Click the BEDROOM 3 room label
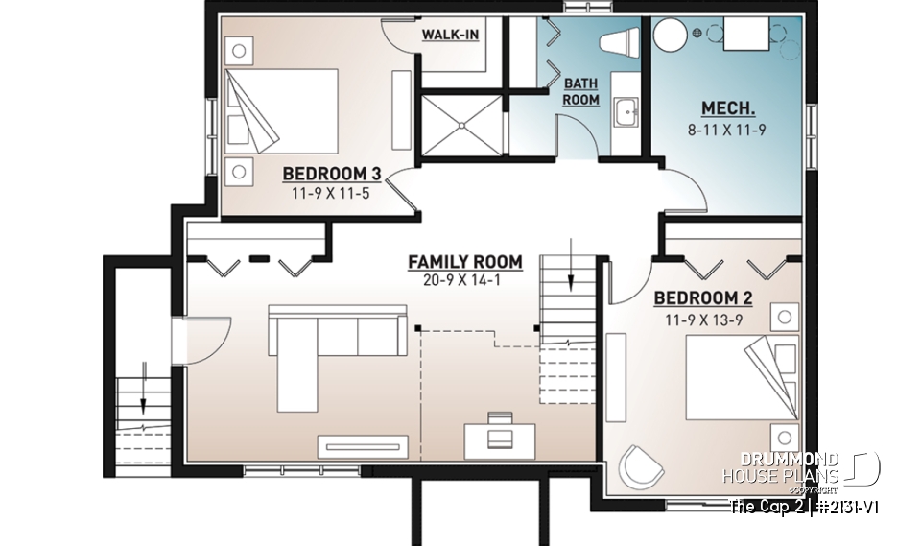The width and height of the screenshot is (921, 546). coord(332,174)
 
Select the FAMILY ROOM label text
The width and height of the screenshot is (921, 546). coord(464,261)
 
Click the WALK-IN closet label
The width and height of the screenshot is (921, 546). coord(450,36)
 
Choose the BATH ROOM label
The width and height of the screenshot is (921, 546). coord(580,92)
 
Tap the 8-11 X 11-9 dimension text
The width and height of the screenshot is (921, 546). coord(727,129)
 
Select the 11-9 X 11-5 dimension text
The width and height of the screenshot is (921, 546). coord(332,193)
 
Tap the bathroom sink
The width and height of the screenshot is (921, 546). coord(627,112)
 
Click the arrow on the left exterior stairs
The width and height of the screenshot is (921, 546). coord(143,379)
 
